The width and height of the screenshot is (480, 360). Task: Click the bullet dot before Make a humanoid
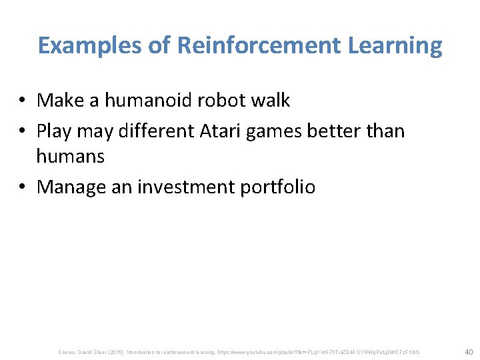coord(23,101)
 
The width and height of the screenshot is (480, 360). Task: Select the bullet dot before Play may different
coord(23,131)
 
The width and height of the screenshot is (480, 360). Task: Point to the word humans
coord(70,157)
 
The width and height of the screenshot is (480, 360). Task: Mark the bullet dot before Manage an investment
coord(23,187)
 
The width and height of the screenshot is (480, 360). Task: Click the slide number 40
coord(469,351)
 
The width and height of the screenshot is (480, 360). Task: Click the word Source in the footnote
coord(68,351)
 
